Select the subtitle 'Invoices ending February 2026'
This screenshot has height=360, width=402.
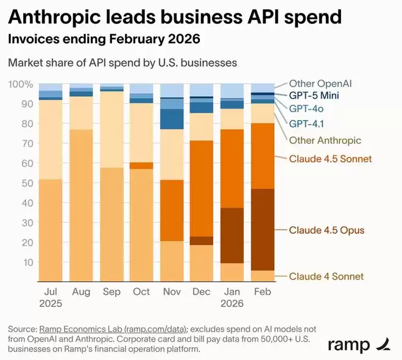(x=104, y=40)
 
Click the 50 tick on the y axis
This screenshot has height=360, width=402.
(x=24, y=183)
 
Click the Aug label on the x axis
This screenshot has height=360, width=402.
(x=81, y=292)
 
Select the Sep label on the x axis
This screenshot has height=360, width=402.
(x=111, y=292)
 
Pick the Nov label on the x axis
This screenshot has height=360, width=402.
(x=172, y=292)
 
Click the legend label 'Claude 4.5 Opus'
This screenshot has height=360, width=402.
(x=326, y=230)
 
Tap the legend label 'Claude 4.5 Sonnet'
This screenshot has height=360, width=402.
(x=330, y=159)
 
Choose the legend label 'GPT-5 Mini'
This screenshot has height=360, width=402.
(x=314, y=96)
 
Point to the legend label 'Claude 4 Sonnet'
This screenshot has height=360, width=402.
(x=326, y=276)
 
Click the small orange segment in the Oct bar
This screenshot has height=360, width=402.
(x=141, y=166)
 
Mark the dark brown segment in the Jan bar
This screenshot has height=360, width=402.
(x=232, y=235)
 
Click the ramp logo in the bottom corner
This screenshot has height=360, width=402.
(x=356, y=344)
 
